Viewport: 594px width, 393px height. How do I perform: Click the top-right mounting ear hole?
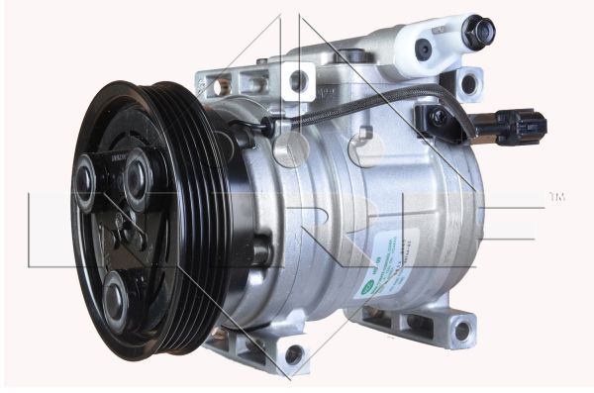point(468,85)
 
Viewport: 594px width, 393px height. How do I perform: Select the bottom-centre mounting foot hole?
point(294,354)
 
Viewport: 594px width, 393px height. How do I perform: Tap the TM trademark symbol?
point(556,198)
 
